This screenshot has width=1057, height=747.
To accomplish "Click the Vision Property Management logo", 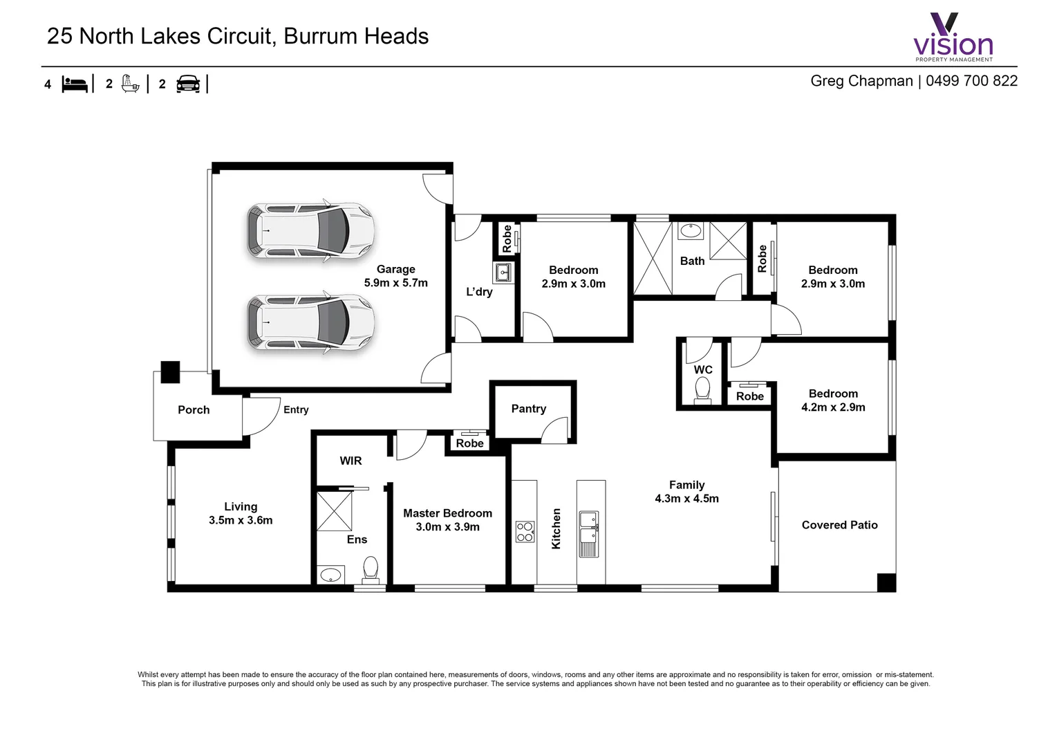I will tap(953, 37).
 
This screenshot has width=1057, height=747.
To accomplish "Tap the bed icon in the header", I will tap(75, 84).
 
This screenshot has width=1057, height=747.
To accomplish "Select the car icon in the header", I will tap(188, 84).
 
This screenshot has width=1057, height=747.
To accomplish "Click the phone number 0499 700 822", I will tap(971, 81).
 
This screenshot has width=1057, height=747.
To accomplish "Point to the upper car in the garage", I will tap(310, 232).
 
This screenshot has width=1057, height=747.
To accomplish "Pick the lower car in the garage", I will tap(310, 324).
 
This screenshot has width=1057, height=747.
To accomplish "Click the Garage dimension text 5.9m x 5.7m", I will tap(395, 283).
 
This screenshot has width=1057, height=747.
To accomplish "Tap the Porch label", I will tap(194, 409).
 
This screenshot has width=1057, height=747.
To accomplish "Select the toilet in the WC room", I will tap(702, 389).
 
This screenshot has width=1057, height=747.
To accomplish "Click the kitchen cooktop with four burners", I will tap(525, 532).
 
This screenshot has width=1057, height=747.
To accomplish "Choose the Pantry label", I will tap(528, 409).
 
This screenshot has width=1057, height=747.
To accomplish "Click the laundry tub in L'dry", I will tap(503, 273).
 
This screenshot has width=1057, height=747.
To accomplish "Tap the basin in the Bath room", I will tap(690, 231).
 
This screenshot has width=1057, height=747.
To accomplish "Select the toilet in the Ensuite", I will tap(371, 569).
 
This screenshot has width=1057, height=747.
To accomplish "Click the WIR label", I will tap(350, 461).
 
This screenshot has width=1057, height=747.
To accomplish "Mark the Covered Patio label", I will tap(839, 525).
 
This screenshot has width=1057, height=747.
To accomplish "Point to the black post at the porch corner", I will tap(170, 372).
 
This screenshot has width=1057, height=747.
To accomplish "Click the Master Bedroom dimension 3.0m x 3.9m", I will tap(447, 527).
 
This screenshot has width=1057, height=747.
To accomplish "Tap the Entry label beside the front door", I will tap(296, 409).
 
